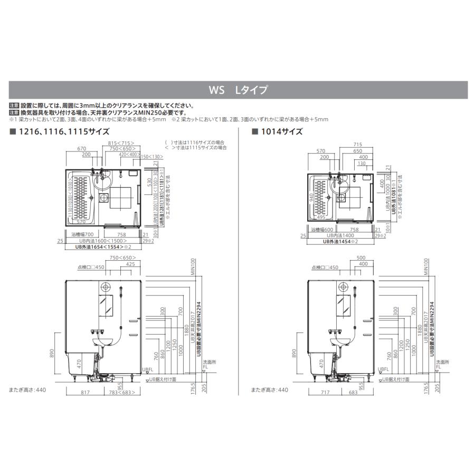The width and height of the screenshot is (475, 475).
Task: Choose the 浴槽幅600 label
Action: click(x=322, y=230)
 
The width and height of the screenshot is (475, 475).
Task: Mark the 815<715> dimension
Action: click(x=120, y=143)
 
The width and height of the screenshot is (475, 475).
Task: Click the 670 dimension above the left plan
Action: click(x=81, y=149)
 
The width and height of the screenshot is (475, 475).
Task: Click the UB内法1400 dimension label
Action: click(x=339, y=235)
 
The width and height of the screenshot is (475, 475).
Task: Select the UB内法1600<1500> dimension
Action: click(x=103, y=241)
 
